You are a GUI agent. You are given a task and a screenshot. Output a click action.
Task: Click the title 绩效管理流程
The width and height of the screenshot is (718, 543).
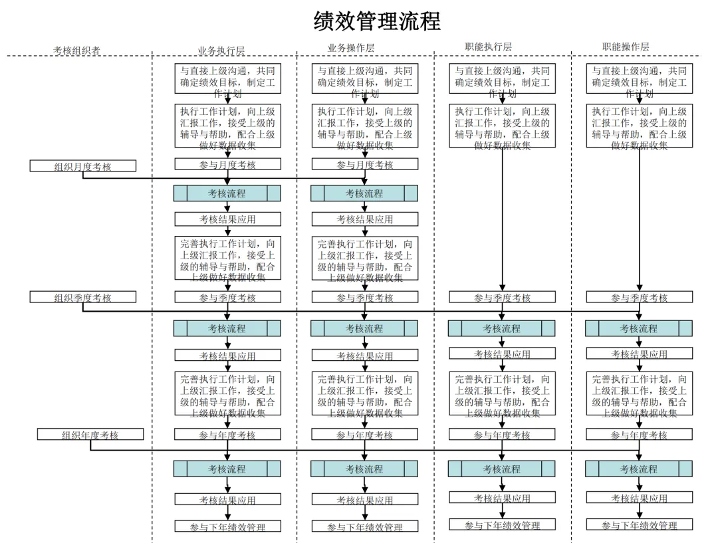pos(377,22)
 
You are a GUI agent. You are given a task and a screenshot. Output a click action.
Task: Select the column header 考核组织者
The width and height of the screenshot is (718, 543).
pos(77,51)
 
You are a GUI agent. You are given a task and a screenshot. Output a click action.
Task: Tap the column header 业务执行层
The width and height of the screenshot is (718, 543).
pos(221,51)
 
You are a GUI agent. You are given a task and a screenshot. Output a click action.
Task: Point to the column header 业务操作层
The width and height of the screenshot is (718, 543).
pos(351,48)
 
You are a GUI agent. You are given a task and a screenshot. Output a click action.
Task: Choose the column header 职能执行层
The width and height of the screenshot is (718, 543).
pos(489,47)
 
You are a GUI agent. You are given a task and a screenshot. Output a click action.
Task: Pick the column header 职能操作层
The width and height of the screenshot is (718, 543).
pos(626,47)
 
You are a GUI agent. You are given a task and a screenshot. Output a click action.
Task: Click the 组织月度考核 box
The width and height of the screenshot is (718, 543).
pos(83,166)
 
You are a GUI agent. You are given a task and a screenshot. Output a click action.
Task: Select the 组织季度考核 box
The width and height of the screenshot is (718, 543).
pos(83,297)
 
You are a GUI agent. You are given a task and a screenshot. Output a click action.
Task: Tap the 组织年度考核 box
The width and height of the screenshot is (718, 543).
pos(90,435)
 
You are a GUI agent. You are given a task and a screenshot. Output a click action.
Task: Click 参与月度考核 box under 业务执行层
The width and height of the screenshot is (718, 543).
pos(227,164)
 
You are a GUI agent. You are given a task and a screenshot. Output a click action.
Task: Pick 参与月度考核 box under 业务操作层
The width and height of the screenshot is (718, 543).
pos(365,164)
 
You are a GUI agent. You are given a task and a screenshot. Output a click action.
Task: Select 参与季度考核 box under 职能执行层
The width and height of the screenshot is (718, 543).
pos(502,297)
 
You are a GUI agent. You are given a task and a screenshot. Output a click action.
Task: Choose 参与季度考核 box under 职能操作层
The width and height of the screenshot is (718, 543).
pos(640,297)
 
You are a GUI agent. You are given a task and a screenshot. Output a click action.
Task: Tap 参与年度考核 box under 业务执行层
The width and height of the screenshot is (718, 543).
pos(227,435)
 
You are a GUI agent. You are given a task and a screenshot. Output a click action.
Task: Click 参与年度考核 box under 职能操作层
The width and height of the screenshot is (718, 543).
pos(640,435)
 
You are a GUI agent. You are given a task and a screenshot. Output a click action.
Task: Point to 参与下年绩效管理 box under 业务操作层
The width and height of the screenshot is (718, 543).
pos(365,526)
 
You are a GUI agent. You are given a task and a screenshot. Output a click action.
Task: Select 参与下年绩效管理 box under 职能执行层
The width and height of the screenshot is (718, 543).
pos(502,525)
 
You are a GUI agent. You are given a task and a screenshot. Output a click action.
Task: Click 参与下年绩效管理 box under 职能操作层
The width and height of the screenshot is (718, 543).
pos(640,525)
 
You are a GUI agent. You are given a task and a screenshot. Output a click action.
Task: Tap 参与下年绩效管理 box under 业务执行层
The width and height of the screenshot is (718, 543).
pos(227,526)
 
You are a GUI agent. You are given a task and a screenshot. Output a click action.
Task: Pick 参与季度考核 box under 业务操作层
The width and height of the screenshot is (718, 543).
pos(365,297)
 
